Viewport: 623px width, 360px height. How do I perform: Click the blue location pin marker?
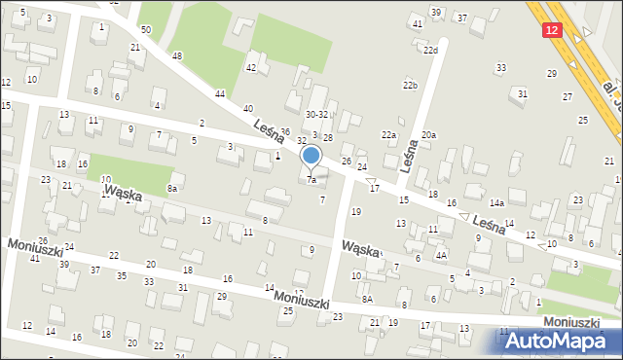tap(311, 157)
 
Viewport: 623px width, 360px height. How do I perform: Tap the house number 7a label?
tap(311, 180)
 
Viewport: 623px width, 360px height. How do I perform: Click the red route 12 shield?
tap(552, 30)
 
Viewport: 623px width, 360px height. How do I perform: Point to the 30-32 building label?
tap(316, 114)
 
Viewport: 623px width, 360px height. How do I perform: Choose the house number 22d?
tap(430, 50)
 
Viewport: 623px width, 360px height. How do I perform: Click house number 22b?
tap(410, 86)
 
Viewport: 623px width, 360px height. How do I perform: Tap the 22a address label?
tap(388, 134)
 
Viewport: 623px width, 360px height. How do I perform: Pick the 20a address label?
tap(428, 135)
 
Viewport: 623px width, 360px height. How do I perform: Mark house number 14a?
tap(496, 203)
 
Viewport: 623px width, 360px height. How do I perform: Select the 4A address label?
tap(441, 255)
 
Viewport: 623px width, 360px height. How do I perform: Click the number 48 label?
tap(176, 55)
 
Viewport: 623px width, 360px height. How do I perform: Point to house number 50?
tap(145, 30)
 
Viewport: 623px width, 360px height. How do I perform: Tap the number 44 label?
tap(220, 93)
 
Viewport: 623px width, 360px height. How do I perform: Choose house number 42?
tap(250, 67)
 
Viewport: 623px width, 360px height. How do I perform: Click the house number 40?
tap(248, 108)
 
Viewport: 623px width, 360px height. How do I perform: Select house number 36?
tap(285, 130)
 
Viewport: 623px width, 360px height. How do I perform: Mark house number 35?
tap(122, 275)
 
